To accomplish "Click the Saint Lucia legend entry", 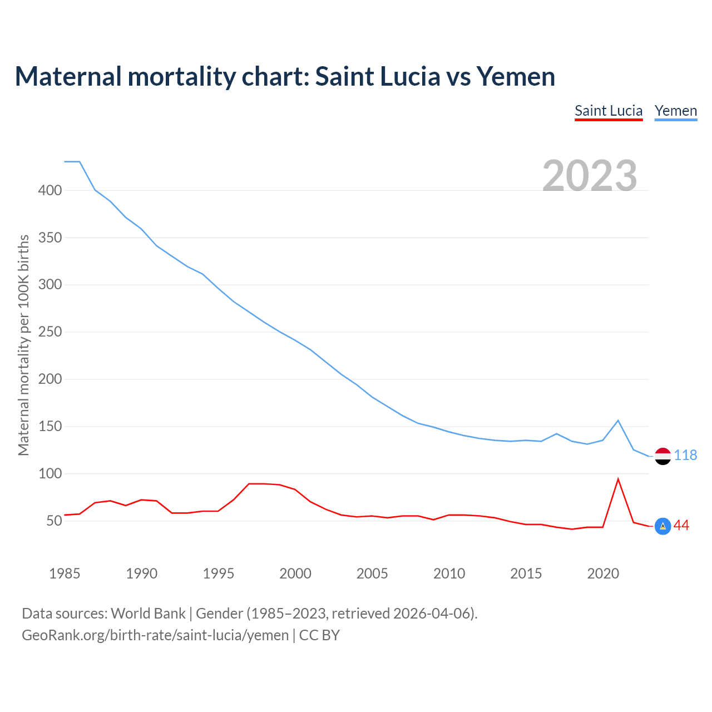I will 609,111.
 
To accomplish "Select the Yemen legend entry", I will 676,111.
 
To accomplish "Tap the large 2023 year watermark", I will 590,176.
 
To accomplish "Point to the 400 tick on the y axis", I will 50,190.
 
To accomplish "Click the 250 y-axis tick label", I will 50,332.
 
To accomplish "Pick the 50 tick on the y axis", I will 53,521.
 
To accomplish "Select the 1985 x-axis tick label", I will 65,573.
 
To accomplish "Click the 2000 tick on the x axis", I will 295,573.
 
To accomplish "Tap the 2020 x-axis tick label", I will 603,573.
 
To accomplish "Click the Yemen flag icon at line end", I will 662,456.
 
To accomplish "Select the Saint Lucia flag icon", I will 662,526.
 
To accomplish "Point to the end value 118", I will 685,455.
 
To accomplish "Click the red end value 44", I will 681,525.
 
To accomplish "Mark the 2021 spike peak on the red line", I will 618,479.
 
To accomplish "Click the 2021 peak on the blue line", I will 618,421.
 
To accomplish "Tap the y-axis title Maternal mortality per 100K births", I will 23,345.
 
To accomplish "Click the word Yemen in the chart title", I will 516,76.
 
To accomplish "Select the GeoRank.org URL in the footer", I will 155,635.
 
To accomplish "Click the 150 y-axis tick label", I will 50,427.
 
